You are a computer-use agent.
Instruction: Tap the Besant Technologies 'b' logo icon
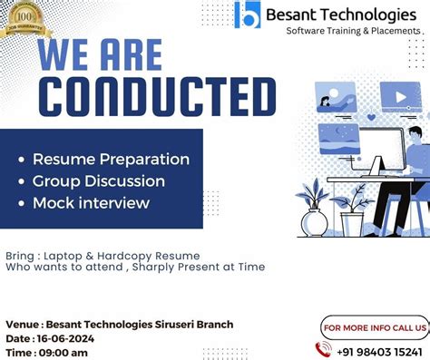(x=246, y=15)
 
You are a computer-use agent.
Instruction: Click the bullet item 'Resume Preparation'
(x=111, y=159)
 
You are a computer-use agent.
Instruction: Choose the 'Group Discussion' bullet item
(x=98, y=180)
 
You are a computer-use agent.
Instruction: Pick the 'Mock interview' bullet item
(x=91, y=202)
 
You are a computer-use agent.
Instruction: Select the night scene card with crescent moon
(x=338, y=138)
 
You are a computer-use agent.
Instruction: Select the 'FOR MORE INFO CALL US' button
(x=374, y=326)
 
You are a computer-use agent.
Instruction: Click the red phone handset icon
(x=323, y=349)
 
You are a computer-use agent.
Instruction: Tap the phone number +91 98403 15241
(x=381, y=350)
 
